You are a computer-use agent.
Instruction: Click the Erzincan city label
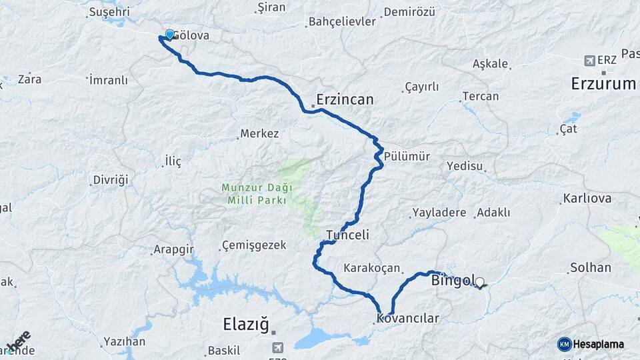coord(345,99)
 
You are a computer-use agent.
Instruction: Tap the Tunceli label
coord(347,235)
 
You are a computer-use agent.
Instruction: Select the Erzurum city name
coord(603,83)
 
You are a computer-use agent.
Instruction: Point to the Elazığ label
coord(245,325)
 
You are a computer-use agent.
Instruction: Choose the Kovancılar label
coord(408,318)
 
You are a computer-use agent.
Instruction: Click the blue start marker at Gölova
coord(169,35)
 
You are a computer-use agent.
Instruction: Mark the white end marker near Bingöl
coord(479,282)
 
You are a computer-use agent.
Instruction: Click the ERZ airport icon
coord(589,61)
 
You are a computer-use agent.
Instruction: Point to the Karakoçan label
coord(371,268)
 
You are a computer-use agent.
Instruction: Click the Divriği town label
coord(111,181)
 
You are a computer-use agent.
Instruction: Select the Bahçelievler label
coord(342,21)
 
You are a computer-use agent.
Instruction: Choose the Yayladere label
coord(439,213)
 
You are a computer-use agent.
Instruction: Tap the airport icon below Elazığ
coord(277,347)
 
